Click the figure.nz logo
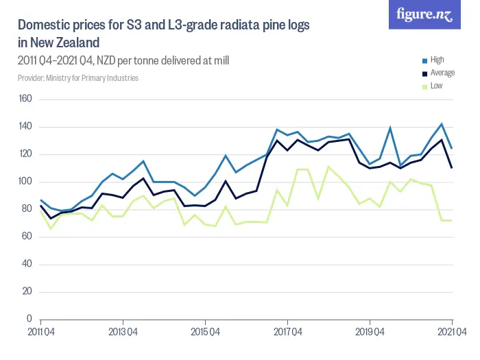pyautogui.click(x=424, y=14)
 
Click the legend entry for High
pyautogui.click(x=437, y=60)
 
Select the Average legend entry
pyautogui.click(x=442, y=73)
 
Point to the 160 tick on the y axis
pyautogui.click(x=26, y=99)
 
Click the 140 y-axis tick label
pyautogui.click(x=26, y=127)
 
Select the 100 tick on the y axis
pyautogui.click(x=26, y=182)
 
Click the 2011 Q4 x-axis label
pyautogui.click(x=40, y=332)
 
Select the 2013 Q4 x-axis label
pyautogui.click(x=123, y=332)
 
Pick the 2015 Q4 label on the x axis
pyautogui.click(x=205, y=332)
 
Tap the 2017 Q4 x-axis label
pyautogui.click(x=287, y=332)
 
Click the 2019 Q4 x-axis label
pyautogui.click(x=370, y=332)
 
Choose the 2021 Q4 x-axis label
pyautogui.click(x=452, y=332)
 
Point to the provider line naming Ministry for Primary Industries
pyautogui.click(x=78, y=78)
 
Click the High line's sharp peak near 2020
pyautogui.click(x=390, y=128)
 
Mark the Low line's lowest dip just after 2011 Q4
pyautogui.click(x=51, y=228)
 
